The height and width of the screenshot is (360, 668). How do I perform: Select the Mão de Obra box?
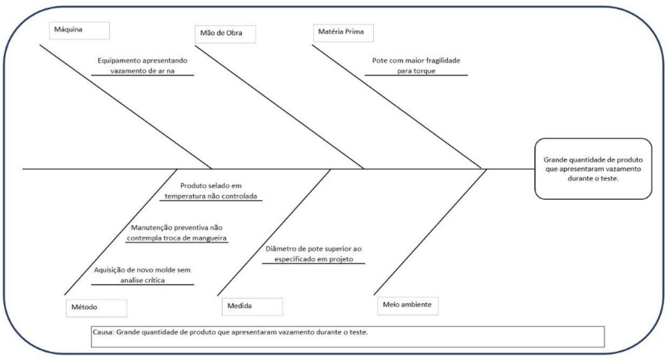coord(225,34)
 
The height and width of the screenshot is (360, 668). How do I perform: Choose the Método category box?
coord(96,307)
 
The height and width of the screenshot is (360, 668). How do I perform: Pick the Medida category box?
coord(252,306)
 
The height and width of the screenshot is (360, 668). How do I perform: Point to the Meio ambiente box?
coord(407,305)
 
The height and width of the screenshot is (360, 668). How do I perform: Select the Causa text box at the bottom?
coord(347,336)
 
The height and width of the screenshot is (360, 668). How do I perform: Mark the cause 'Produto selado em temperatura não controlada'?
coord(211,191)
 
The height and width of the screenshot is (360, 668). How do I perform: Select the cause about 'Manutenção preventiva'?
coord(177,233)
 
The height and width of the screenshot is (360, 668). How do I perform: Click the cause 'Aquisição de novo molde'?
coord(143,275)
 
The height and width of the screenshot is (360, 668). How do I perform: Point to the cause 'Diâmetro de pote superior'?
coord(314,254)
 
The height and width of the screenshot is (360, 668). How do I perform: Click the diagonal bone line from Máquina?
coord(125,106)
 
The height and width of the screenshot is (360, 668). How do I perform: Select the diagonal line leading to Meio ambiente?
coord(429,233)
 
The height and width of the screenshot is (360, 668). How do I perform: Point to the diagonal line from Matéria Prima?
coord(396,106)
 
